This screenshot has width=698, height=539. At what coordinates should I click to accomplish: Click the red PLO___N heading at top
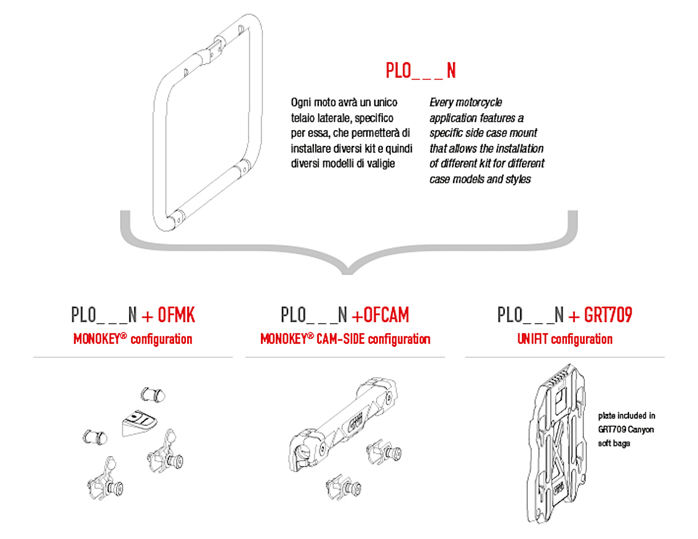click(420, 70)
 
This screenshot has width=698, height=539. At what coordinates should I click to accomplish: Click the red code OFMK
click(177, 315)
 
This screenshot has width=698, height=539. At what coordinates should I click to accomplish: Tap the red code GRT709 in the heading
click(608, 315)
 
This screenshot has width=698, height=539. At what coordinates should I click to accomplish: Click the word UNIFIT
click(533, 339)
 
